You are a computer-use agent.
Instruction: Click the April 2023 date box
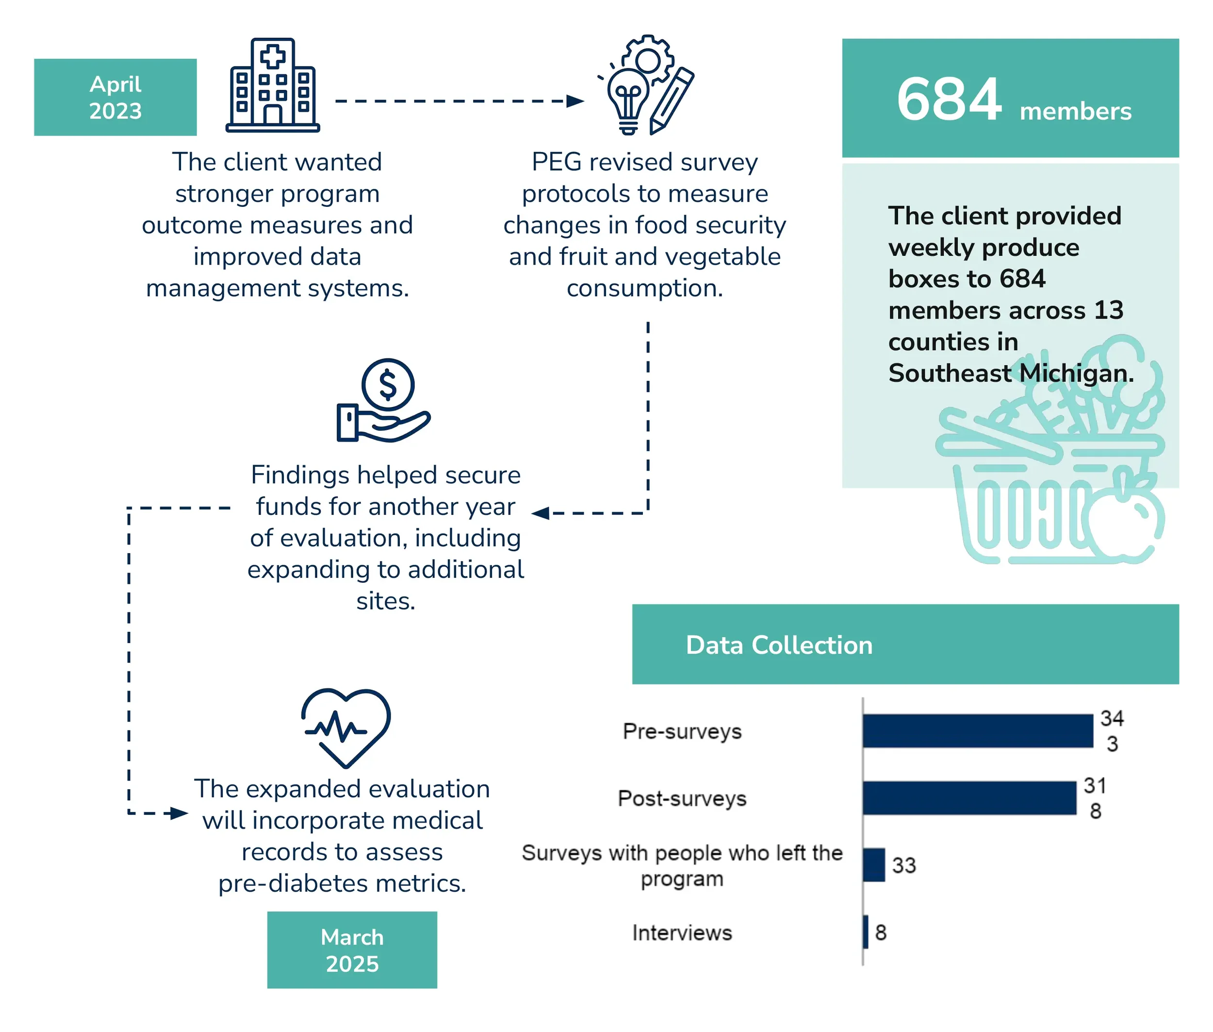click(x=115, y=97)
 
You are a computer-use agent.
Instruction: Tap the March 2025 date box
click(x=352, y=950)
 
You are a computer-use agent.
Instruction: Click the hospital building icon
click(x=272, y=85)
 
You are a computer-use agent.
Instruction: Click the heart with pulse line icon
click(x=345, y=727)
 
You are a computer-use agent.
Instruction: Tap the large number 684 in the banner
click(x=948, y=100)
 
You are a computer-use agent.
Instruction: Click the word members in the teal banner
click(x=1075, y=111)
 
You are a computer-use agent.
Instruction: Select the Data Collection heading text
click(x=779, y=645)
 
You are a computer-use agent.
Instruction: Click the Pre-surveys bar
click(x=977, y=731)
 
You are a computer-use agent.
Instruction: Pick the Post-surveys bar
click(x=968, y=798)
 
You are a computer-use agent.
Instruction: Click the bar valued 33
click(x=873, y=864)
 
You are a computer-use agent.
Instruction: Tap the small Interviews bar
click(x=865, y=932)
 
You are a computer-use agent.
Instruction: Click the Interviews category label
click(x=682, y=932)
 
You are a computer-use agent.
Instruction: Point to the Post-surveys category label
click(x=682, y=798)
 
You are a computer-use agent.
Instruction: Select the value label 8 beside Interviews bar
click(x=880, y=932)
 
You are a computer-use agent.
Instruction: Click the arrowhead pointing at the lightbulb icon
click(x=576, y=101)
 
